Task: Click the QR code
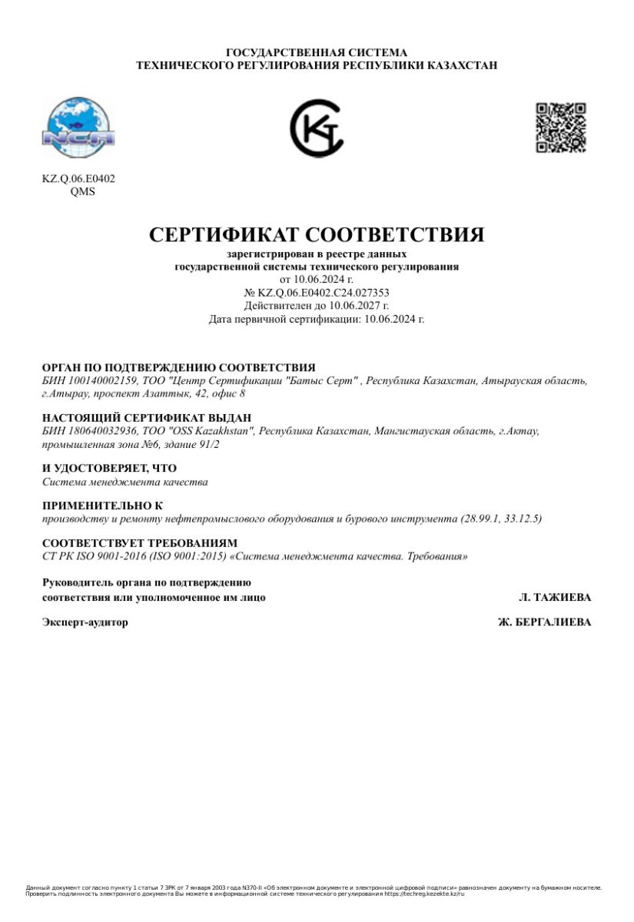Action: (x=560, y=128)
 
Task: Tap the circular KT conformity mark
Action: (x=317, y=129)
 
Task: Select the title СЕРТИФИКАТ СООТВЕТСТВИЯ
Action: (x=317, y=234)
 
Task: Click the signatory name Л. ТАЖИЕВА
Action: (x=555, y=597)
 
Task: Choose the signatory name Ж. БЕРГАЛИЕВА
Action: (x=544, y=622)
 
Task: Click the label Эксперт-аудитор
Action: (x=85, y=622)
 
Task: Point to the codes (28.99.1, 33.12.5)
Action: (x=500, y=519)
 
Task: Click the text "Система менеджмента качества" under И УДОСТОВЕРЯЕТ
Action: (x=124, y=482)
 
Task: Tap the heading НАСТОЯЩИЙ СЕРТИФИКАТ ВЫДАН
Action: (x=146, y=418)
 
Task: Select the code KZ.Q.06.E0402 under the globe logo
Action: (x=78, y=179)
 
